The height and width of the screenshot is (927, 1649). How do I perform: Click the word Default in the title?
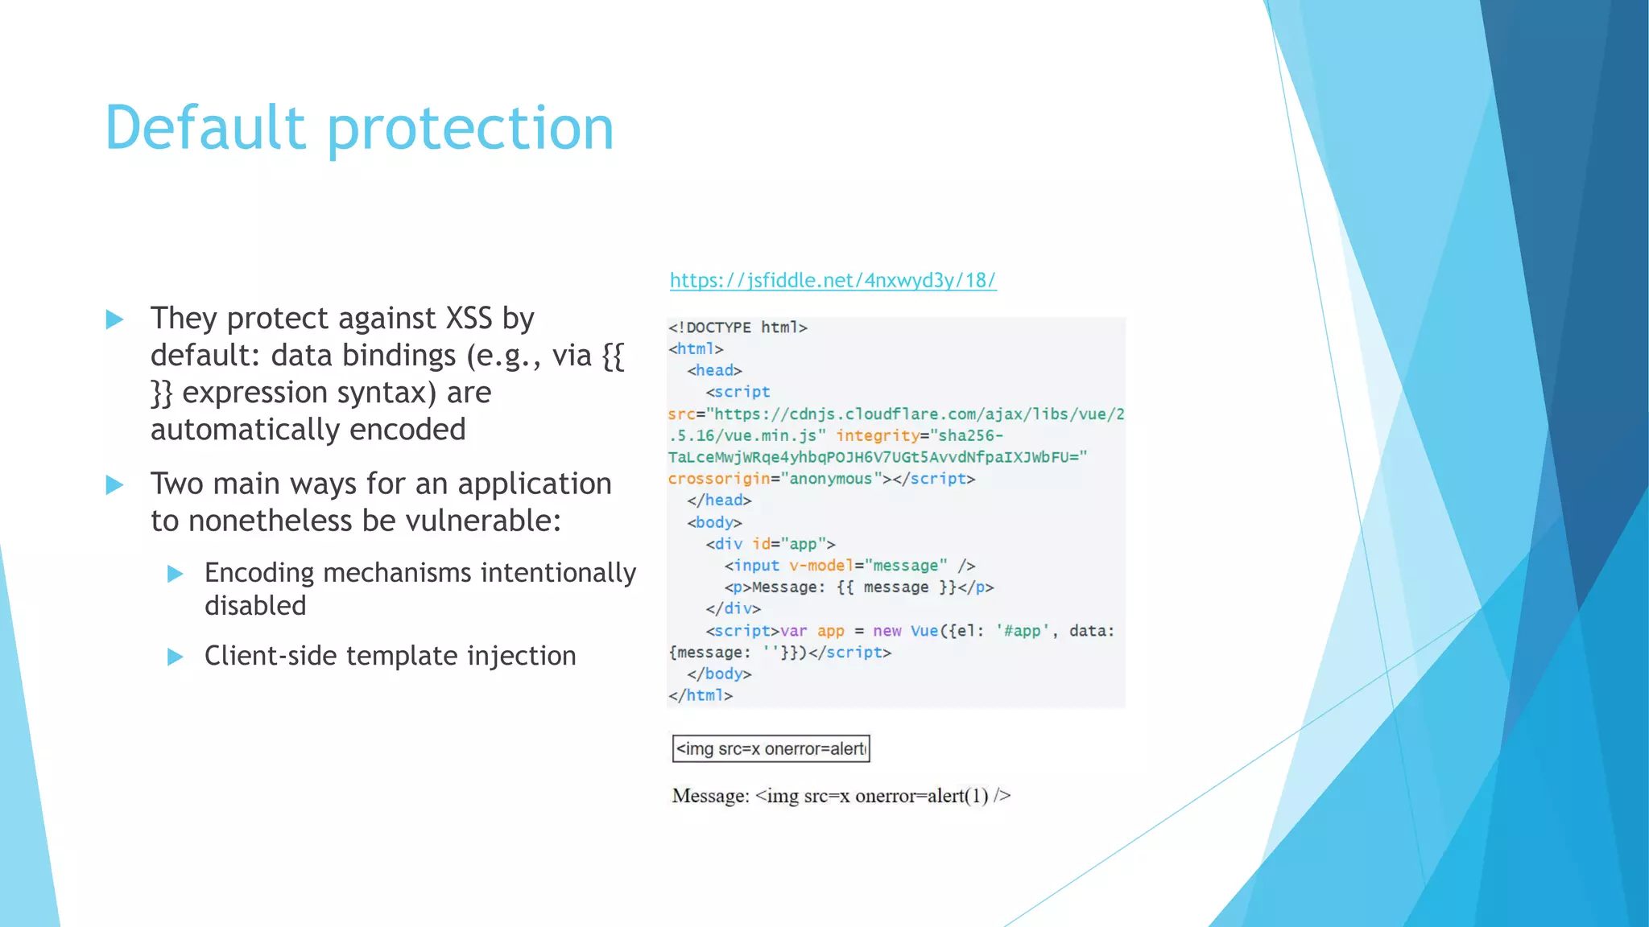[x=205, y=128]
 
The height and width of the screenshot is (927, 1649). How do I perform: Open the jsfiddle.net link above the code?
[x=833, y=280]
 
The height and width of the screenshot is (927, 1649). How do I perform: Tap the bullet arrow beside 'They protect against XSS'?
[x=115, y=319]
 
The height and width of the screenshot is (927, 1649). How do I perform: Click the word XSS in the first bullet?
[x=469, y=319]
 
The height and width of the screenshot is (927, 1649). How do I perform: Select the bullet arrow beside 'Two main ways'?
[x=115, y=485]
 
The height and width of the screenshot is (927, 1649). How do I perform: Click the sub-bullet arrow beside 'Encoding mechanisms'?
[x=175, y=574]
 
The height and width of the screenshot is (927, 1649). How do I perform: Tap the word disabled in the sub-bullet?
[x=255, y=605]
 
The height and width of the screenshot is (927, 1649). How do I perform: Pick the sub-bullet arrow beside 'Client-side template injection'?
[x=175, y=657]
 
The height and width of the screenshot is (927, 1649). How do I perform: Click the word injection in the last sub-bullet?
[x=522, y=656]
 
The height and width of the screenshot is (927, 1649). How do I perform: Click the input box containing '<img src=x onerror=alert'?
[x=771, y=748]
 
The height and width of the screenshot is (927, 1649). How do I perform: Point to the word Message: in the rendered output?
[x=711, y=796]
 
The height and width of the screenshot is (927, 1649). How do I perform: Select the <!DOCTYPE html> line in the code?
[x=738, y=328]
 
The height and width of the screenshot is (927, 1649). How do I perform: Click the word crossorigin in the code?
[x=719, y=479]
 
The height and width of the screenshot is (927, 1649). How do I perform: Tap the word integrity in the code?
[x=878, y=435]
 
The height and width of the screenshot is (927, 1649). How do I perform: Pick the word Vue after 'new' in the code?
[x=924, y=631]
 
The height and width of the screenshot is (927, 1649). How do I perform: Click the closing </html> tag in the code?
[x=701, y=695]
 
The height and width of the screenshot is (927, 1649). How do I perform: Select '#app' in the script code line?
[x=1023, y=631]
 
